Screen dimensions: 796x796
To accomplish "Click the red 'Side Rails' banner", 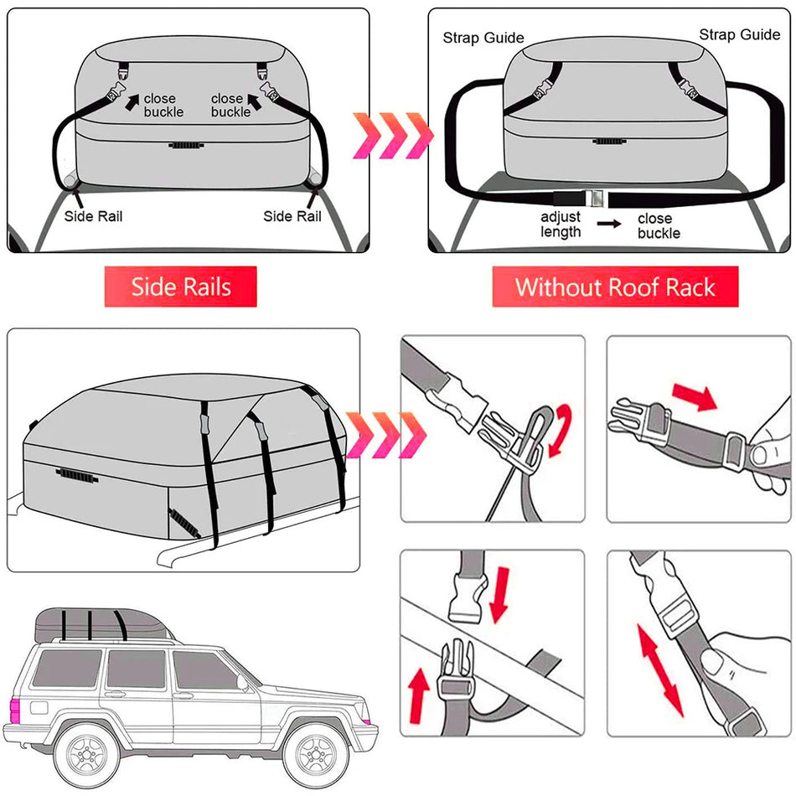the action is [181, 287].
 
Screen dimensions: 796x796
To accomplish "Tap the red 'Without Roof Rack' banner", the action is [615, 287].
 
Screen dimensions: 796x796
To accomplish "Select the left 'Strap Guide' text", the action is [483, 38].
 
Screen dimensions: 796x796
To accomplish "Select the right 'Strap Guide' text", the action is [740, 34].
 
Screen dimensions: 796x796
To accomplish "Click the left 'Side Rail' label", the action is [93, 216].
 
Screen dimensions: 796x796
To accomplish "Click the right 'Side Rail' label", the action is [292, 216].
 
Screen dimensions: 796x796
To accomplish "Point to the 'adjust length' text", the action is [561, 224].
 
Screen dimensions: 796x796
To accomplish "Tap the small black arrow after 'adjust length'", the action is [609, 224].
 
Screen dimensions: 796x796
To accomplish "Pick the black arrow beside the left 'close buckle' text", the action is [132, 101].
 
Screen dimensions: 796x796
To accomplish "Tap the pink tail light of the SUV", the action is [14, 711].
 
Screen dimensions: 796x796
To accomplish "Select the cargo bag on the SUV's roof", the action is [101, 624].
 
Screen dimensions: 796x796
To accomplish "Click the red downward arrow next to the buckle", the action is [500, 595].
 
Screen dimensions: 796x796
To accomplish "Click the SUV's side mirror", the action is [243, 683].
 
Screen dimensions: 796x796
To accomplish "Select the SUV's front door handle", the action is [183, 695].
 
